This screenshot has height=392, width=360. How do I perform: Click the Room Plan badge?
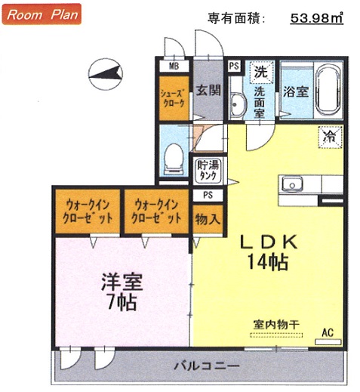(42, 14)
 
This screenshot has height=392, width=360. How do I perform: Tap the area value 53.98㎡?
(317, 17)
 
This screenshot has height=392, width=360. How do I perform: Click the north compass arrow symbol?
(106, 74)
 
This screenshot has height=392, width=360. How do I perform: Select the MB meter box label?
(174, 66)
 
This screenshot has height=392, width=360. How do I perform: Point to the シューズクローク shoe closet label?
(174, 98)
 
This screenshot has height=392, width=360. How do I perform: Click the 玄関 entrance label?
(208, 90)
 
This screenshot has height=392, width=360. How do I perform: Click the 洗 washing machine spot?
(261, 73)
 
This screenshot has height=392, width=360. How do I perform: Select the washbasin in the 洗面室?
(237, 104)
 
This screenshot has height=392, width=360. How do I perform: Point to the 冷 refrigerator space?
(330, 137)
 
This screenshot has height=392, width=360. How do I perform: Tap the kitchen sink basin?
(292, 184)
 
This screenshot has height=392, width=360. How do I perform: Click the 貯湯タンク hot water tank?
(208, 171)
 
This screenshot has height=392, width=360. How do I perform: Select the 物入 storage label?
(208, 219)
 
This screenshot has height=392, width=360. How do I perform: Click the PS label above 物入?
(208, 195)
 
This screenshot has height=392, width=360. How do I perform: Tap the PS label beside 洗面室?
(234, 66)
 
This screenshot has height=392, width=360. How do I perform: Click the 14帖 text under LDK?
(268, 262)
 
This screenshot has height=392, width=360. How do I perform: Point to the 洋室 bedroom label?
(122, 282)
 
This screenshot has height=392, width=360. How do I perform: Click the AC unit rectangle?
(328, 342)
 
